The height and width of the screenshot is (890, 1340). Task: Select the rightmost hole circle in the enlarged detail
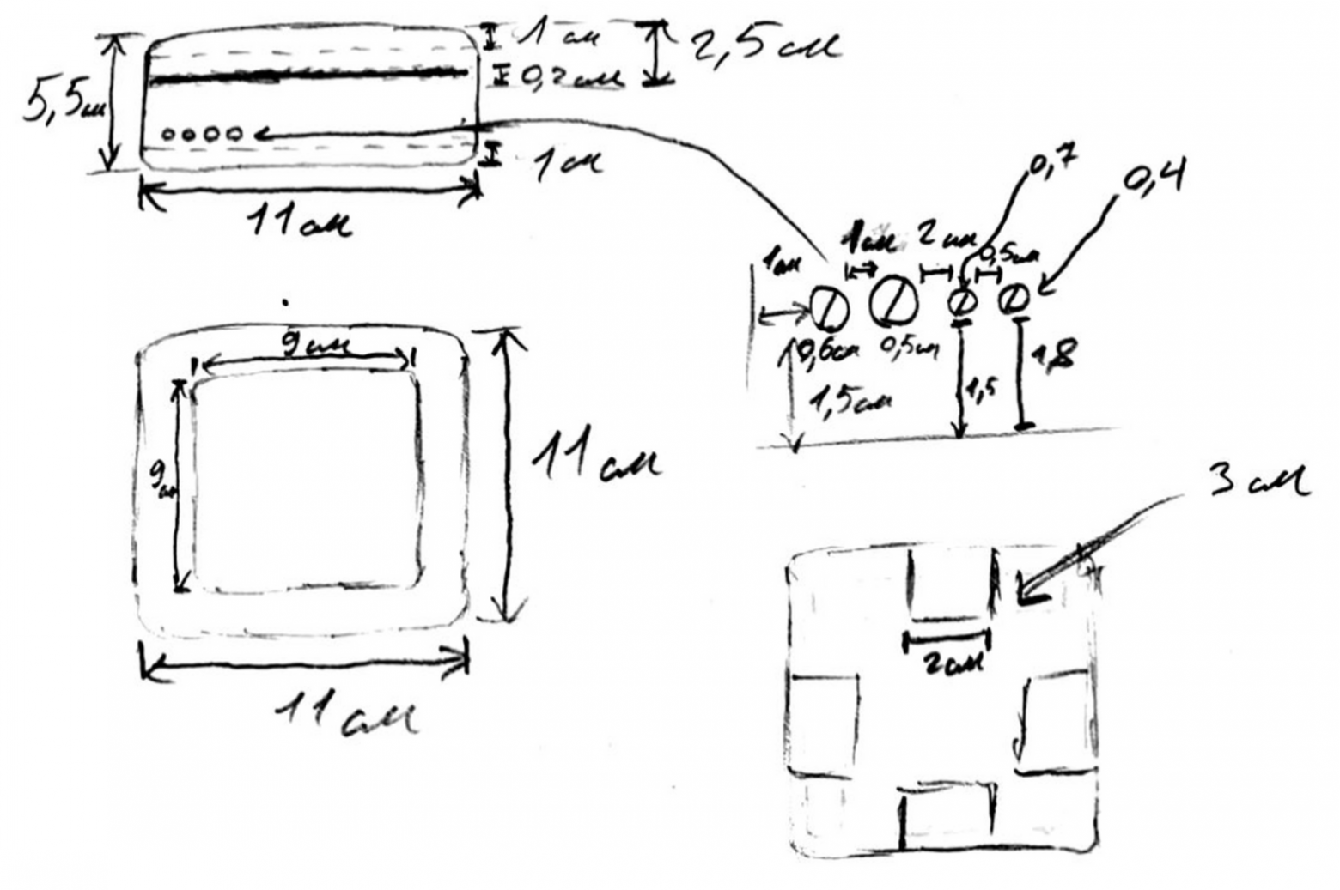click(1015, 299)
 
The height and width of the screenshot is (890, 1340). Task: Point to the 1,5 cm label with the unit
click(847, 402)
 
